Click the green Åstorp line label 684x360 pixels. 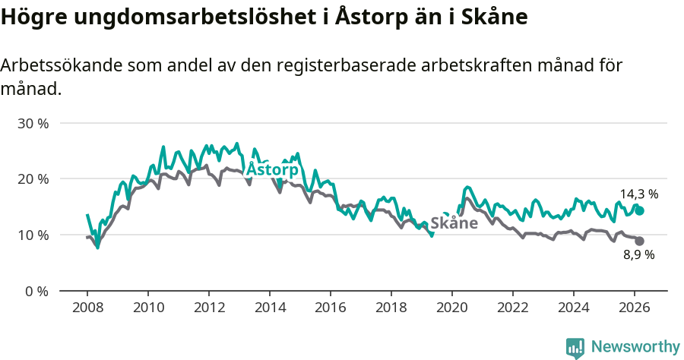coord(272,169)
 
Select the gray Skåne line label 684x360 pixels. coord(454,223)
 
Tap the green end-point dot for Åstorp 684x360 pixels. coord(640,210)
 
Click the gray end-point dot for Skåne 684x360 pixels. coord(640,241)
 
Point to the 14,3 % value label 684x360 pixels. coord(638,194)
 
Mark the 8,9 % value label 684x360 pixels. coord(638,255)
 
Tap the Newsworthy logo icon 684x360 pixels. coord(575,348)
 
